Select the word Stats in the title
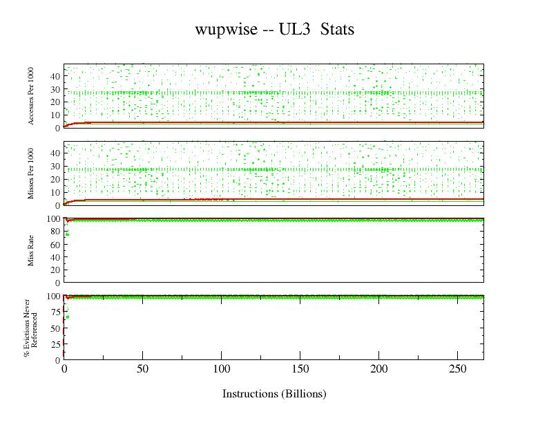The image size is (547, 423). (337, 30)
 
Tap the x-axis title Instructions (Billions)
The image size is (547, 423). (273, 394)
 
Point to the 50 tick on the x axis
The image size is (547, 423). (142, 368)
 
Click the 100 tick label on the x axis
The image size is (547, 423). (221, 368)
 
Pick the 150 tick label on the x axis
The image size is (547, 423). (300, 368)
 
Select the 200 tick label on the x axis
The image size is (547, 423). (378, 368)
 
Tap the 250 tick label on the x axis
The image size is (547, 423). (457, 368)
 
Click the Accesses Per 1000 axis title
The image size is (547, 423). (31, 96)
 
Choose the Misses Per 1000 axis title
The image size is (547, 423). (31, 173)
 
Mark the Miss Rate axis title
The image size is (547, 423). (31, 251)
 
